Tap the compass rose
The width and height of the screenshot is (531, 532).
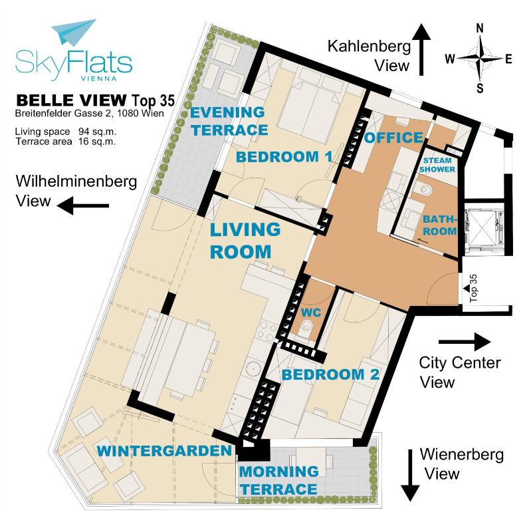pyautogui.click(x=480, y=59)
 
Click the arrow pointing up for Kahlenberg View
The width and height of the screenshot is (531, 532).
pyautogui.click(x=421, y=47)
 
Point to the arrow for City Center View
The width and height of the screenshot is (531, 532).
pyautogui.click(x=465, y=342)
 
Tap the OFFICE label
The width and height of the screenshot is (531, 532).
pyautogui.click(x=393, y=138)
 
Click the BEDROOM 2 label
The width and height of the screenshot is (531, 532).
pyautogui.click(x=330, y=374)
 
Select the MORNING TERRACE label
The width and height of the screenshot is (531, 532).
pyautogui.click(x=278, y=480)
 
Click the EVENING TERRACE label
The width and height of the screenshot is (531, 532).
pyautogui.click(x=229, y=120)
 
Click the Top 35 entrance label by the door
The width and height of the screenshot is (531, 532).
pyautogui.click(x=473, y=289)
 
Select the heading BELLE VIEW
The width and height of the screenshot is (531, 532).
pyautogui.click(x=70, y=100)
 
